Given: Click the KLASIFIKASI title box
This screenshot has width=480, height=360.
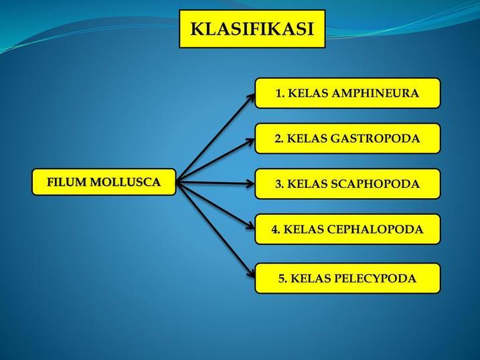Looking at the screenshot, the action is pos(252,29).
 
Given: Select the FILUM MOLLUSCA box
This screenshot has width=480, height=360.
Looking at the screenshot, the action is pos(104,182).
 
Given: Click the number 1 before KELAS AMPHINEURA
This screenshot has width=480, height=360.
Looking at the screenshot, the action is pos(279,94).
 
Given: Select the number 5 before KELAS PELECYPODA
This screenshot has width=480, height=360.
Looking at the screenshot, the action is pos(282,278).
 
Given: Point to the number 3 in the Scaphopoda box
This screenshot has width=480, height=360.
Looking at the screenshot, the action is pos(279,184).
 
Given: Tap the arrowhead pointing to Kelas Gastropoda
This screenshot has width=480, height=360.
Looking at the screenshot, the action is pos(250,141).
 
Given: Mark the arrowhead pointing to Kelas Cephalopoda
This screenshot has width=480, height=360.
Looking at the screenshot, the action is pos(250,226).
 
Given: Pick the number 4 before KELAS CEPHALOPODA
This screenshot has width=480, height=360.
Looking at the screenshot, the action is pos(275,230).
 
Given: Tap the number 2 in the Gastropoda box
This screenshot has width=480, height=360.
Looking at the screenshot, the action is pos(278,139).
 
